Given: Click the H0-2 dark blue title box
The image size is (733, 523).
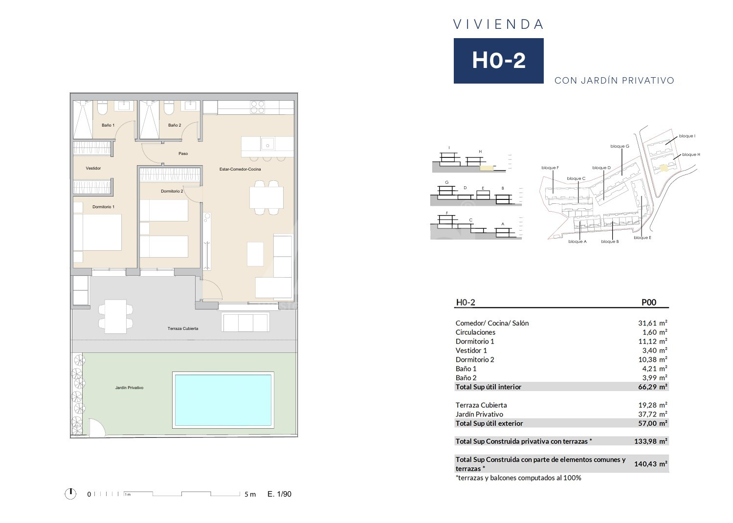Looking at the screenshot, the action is pos(498,61).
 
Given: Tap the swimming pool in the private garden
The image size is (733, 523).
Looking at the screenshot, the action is pos(223,400).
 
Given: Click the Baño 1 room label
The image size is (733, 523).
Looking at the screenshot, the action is pos(108,125).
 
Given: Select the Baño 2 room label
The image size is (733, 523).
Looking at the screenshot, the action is pos(175,125).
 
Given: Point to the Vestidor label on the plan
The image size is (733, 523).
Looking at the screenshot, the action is pos(93,168).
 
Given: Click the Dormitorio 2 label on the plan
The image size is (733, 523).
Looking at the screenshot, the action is pos(172,191).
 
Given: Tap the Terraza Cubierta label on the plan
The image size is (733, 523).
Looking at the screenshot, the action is pos(183,328).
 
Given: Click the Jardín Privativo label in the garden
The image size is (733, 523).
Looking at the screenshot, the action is pos(129,388).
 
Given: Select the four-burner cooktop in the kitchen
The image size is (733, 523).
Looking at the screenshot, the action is pos(258,107).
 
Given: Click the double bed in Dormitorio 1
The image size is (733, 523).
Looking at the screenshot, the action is pos(97,232).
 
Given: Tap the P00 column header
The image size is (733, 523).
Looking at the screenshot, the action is pos(648,302).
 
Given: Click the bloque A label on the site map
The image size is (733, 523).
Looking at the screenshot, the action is pos(578,241).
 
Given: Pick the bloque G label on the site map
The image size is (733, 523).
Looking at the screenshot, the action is pos(620,146).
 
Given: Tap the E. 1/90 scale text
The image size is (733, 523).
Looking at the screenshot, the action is pos(279,494).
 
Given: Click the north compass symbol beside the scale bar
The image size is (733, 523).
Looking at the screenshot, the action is pos(70,494).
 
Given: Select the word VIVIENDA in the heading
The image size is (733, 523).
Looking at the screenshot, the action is pos(498,24).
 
